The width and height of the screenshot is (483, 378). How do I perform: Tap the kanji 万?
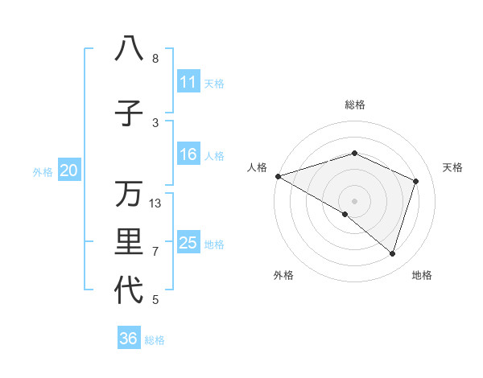129,194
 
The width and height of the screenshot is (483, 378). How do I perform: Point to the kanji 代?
129,290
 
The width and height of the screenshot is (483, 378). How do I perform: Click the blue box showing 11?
188,82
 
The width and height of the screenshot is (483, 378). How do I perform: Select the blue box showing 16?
188,154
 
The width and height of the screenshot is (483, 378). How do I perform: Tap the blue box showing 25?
188,243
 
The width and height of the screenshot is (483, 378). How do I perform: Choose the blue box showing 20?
69,171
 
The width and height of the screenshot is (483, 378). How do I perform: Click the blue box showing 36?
129,339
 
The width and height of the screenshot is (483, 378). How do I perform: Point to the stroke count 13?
155,203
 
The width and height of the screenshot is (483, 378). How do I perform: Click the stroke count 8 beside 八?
155,59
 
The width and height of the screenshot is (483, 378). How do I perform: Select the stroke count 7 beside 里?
155,252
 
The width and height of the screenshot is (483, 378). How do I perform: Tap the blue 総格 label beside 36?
155,340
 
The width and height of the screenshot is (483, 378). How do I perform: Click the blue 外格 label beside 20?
43,171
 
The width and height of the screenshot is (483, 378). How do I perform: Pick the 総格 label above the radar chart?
354,105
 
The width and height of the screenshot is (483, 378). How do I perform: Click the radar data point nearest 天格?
416,181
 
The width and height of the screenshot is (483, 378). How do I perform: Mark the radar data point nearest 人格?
278,176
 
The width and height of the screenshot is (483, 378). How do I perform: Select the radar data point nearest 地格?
392,254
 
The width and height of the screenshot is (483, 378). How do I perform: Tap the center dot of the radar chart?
354,200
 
